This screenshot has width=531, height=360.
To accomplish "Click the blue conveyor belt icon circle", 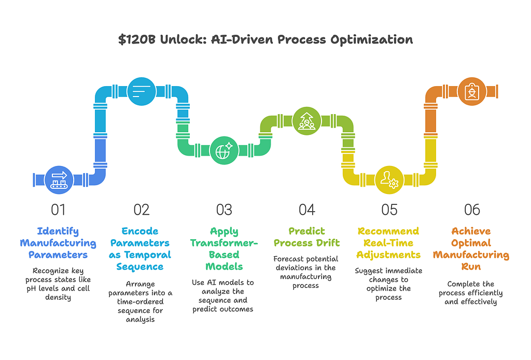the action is pos(59,180).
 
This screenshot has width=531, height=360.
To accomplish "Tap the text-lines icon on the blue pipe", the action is pos(142,91).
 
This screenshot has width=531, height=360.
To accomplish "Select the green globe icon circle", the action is pos(224,150).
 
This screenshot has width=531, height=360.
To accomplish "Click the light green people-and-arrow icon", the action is pos(306,121).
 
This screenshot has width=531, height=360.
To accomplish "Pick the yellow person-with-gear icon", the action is pos(389,180).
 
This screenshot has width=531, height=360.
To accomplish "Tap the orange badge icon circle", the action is pos(472,91).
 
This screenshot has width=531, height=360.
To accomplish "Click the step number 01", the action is pos(58,210).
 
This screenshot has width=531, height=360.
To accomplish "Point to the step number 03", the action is pos(224,210).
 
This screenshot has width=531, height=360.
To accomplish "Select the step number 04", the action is pos(307,210).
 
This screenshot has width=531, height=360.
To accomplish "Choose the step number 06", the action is pos(472,210).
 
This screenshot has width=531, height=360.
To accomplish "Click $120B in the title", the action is pos(137,39).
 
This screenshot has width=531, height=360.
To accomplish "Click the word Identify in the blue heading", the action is pos(58,231).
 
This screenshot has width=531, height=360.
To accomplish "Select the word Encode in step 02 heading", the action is pos(140,231).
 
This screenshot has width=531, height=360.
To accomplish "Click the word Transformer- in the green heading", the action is pos(224,243).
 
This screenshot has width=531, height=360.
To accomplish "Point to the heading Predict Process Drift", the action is pos(307,237).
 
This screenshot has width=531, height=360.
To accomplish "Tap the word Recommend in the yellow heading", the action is pos(388,231).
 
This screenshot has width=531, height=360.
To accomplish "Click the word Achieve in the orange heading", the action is pos(471,231).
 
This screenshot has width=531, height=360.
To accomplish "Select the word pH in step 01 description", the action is pos(31,289).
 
